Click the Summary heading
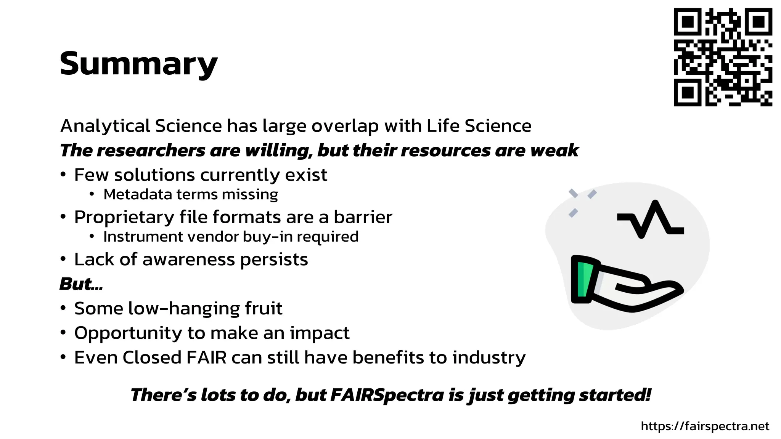[138, 64]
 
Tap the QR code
[723, 57]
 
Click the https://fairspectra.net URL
[705, 426]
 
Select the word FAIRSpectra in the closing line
[387, 395]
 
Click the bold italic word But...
[78, 284]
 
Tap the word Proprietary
[124, 218]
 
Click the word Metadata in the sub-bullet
[138, 195]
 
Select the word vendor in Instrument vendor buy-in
[213, 237]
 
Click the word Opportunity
[129, 333]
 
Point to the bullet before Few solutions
[63, 175]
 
